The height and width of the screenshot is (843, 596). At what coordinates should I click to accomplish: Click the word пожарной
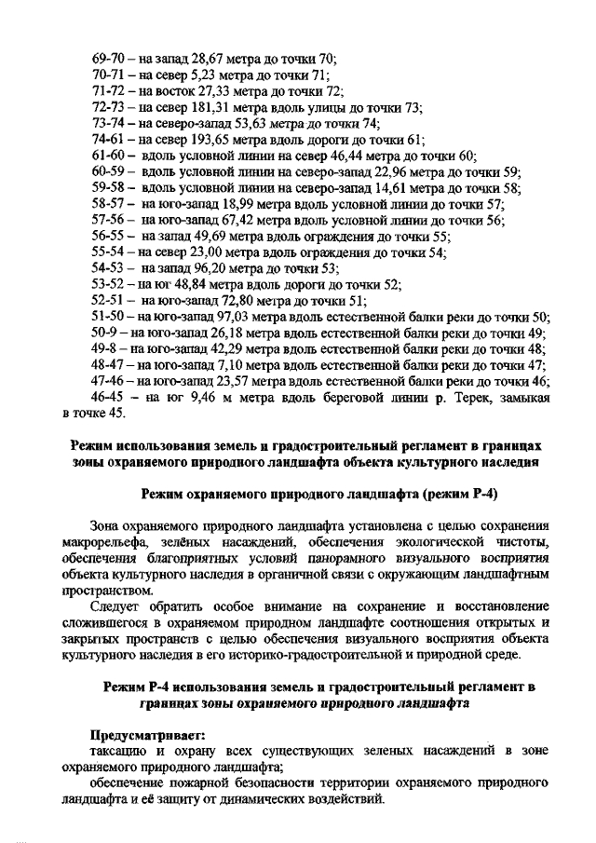pyautogui.click(x=201, y=783)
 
